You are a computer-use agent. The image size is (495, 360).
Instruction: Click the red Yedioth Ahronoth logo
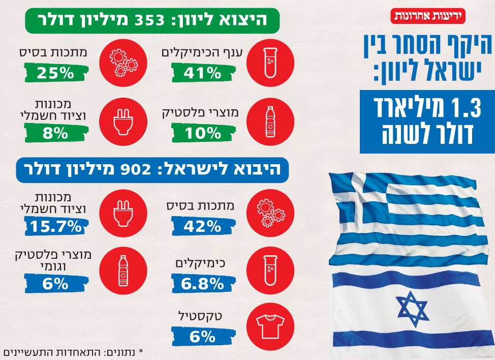pyautogui.click(x=428, y=16)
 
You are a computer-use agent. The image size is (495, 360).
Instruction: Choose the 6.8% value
pyautogui.click(x=202, y=284)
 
